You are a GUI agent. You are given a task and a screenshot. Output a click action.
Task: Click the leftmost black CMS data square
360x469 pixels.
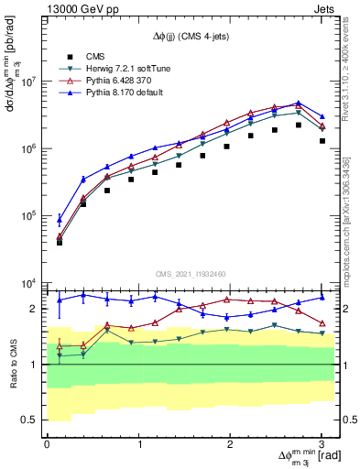pos(60,242)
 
